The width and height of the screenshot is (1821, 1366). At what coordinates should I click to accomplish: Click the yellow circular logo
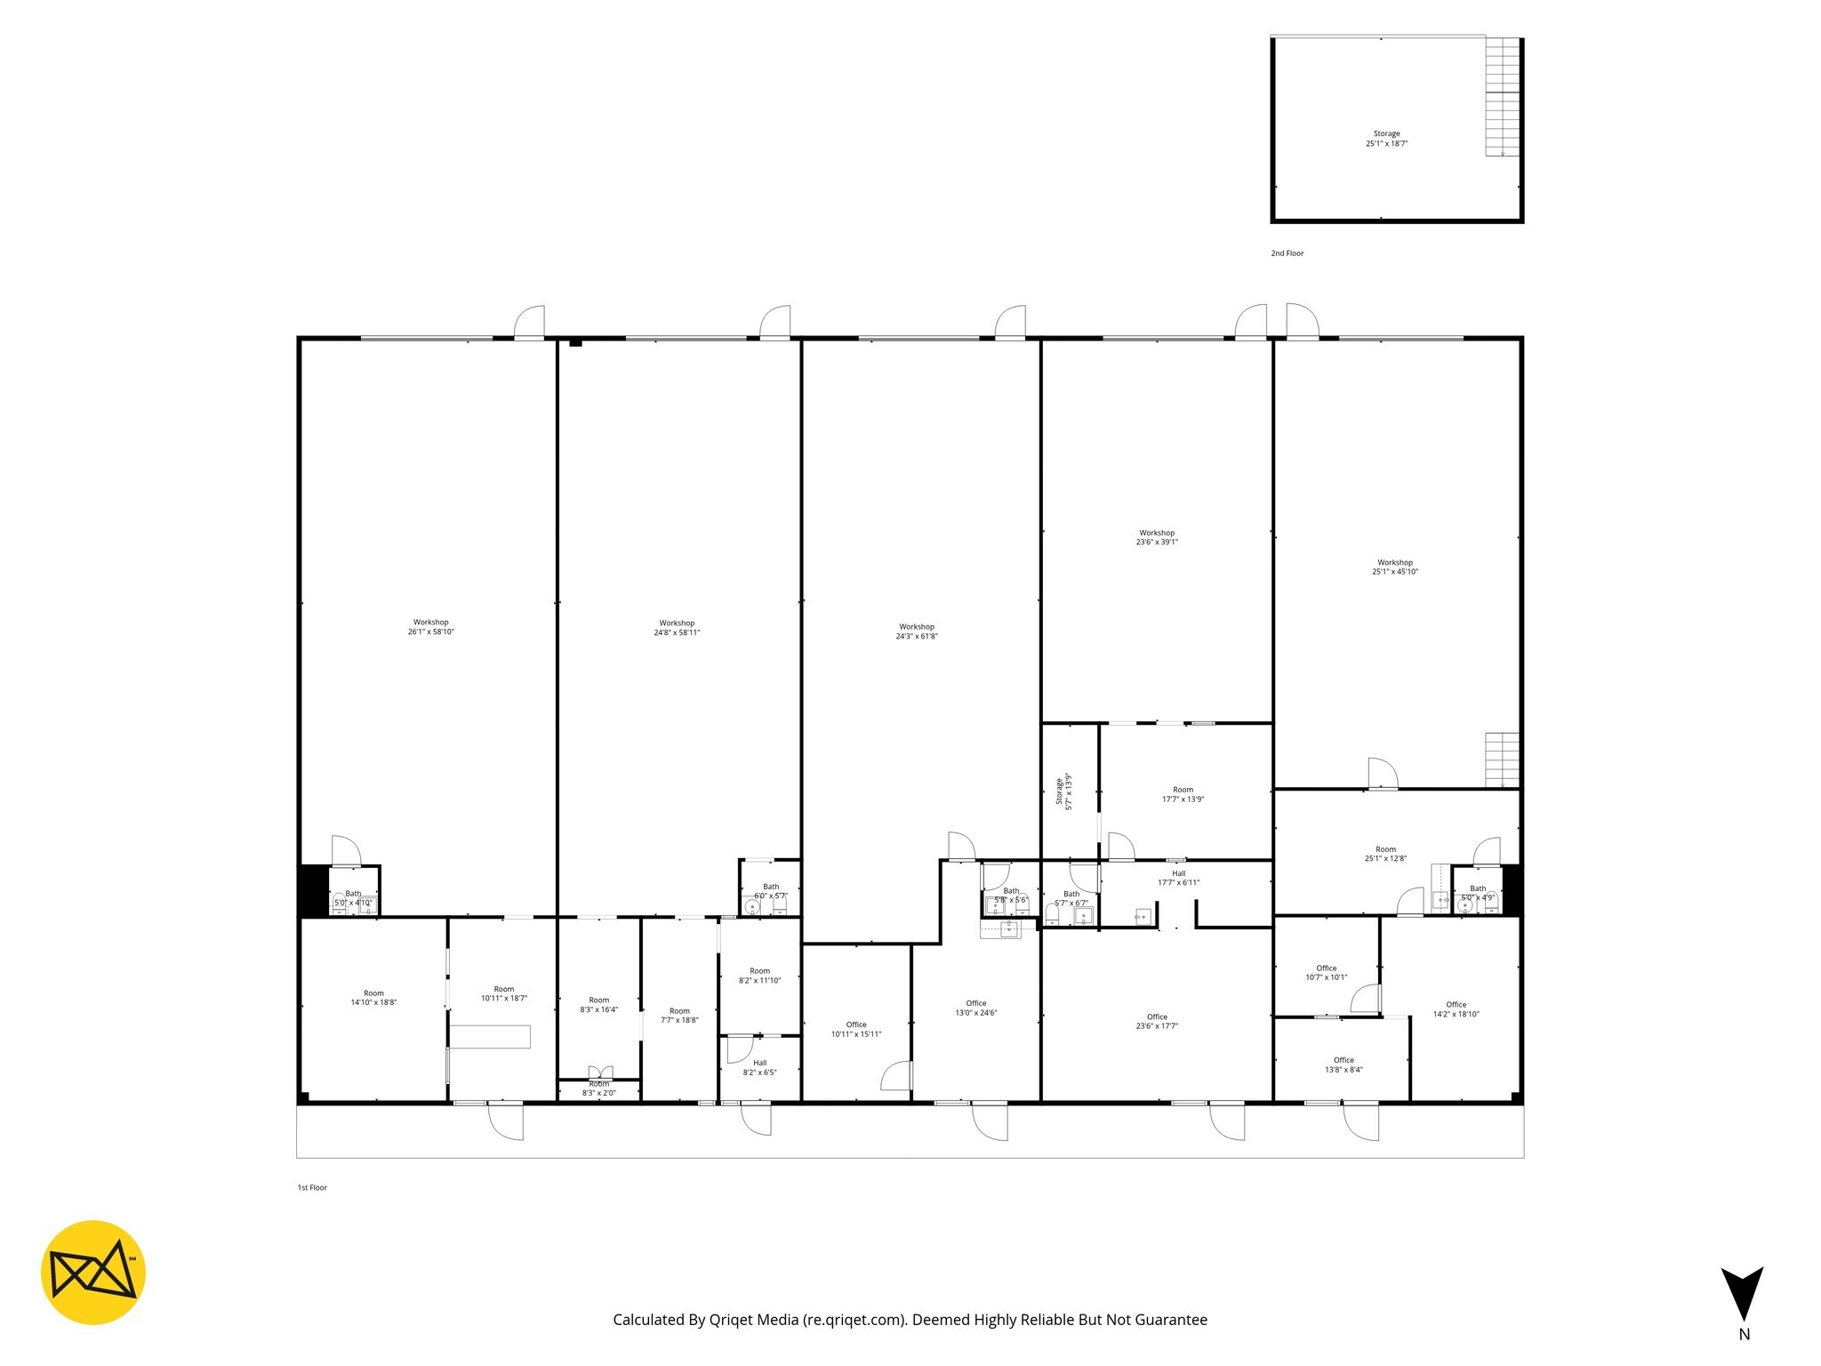pos(93,1273)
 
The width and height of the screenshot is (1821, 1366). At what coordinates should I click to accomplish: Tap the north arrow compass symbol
pos(1742,1294)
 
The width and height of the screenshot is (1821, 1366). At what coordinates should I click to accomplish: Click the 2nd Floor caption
pos(1287,253)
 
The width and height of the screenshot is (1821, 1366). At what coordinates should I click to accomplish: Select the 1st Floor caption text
pos(312,1188)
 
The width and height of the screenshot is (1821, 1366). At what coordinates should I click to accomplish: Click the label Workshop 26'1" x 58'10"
pos(431,627)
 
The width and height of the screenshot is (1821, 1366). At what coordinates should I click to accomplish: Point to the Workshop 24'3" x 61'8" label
pos(917,631)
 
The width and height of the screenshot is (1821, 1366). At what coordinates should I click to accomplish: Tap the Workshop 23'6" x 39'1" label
pos(1157,537)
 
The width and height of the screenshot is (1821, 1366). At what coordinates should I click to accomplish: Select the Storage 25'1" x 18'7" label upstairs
pos(1386,139)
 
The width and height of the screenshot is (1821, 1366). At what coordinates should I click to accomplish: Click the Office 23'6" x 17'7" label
pos(1157,1021)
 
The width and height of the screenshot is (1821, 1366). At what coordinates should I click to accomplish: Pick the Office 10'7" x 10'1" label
pos(1326,972)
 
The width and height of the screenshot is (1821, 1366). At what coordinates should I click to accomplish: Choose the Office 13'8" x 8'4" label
pos(1344,1065)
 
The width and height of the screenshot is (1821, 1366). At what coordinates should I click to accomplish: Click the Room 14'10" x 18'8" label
pos(373,998)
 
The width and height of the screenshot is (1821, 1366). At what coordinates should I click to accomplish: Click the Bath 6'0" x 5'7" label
pos(771,891)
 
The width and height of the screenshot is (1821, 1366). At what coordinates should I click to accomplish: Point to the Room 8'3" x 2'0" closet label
pos(599,1089)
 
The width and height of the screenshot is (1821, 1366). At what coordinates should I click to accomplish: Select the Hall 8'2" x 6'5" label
pos(759,1067)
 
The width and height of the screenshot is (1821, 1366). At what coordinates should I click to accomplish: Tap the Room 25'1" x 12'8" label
pos(1385,854)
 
